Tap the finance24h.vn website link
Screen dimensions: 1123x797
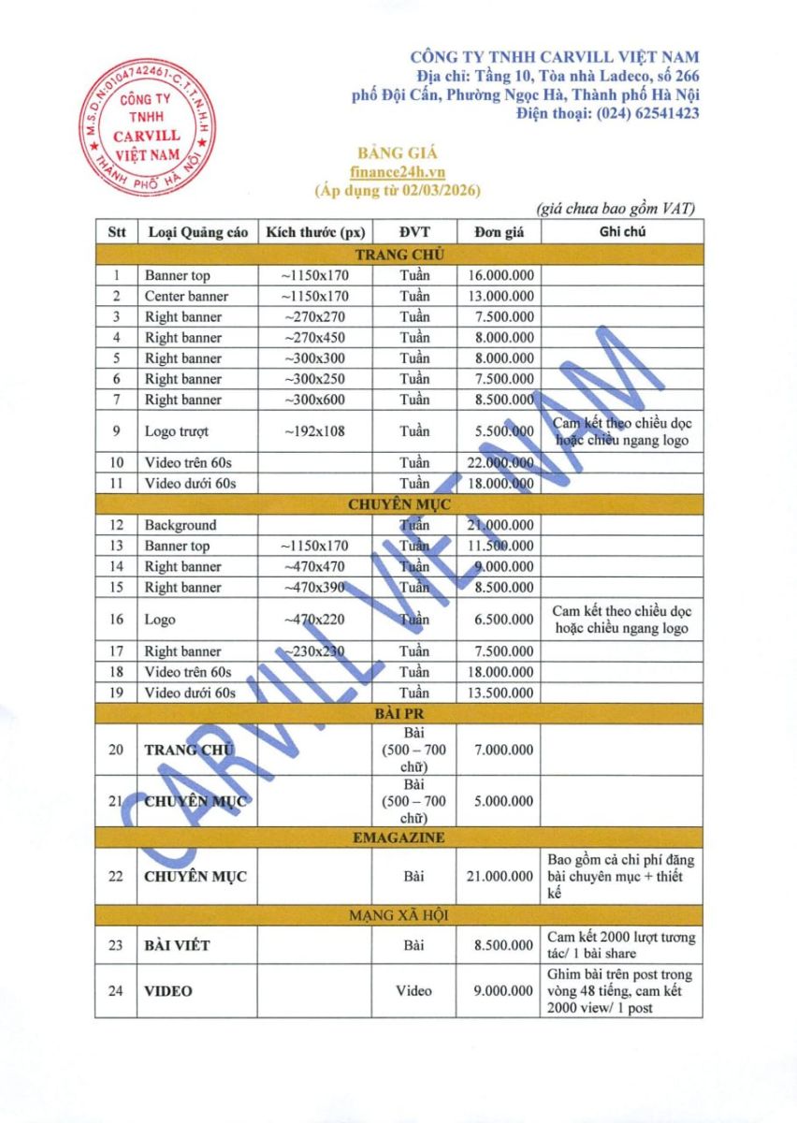pos(398,172)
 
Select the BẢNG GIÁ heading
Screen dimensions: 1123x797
pos(398,153)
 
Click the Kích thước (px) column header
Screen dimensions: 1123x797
pos(314,232)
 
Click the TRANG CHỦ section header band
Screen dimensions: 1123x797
pos(398,254)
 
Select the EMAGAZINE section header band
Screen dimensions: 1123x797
pos(398,837)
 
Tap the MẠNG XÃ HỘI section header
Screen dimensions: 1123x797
pos(398,915)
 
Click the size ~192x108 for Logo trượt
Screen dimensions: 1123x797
pos(314,431)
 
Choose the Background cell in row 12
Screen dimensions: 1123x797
pos(181,525)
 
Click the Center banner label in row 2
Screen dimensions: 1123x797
pos(186,297)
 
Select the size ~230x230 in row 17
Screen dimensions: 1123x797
pos(314,651)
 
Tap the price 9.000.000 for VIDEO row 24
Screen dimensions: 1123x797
pos(503,991)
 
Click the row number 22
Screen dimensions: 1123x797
pos(116,877)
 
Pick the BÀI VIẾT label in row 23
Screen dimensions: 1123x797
pos(177,945)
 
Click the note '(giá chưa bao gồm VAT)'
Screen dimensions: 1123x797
pos(616,209)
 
